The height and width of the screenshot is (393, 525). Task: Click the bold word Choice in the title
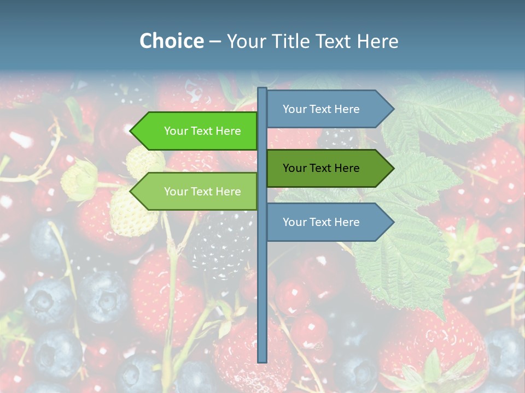(171, 41)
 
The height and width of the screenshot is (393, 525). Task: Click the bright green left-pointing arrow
(197, 131)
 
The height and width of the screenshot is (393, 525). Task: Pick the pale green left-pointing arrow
(197, 192)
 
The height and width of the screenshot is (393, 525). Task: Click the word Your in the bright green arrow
(176, 131)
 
